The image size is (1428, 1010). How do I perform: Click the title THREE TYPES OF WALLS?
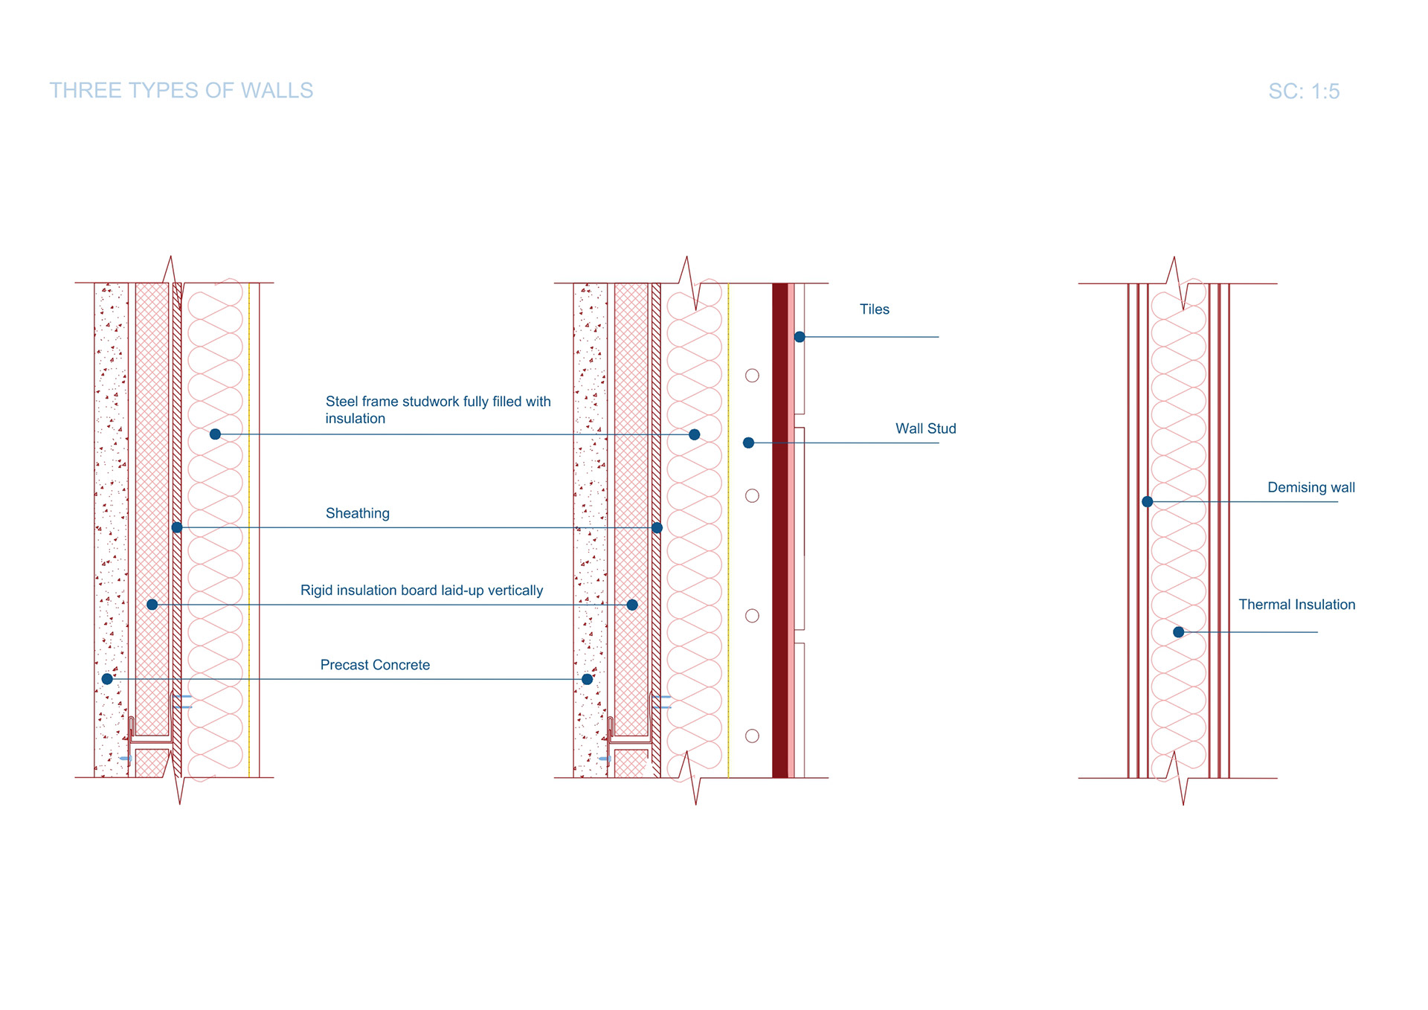[x=181, y=91]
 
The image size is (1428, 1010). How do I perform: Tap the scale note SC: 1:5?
[x=1303, y=91]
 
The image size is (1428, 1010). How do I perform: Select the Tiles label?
[x=874, y=309]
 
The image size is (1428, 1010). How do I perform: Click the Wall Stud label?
[x=925, y=428]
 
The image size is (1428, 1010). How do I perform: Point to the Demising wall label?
[x=1310, y=487]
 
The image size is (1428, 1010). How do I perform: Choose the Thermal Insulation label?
[x=1296, y=605]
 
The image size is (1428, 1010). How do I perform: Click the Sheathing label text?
[x=357, y=513]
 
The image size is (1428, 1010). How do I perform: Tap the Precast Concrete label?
[x=375, y=665]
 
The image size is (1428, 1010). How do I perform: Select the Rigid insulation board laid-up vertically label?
[x=421, y=591]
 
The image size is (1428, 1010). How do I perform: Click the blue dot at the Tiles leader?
[x=800, y=337]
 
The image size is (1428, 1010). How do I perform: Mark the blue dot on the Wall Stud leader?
[x=749, y=443]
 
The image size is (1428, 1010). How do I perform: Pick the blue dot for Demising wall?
[x=1148, y=502]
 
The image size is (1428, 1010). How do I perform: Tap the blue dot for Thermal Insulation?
[x=1178, y=632]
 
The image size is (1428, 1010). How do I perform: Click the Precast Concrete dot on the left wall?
[x=107, y=679]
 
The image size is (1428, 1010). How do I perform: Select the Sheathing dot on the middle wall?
[x=657, y=528]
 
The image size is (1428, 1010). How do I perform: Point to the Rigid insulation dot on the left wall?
[x=152, y=605]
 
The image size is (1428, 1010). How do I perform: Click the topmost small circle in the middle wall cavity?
[x=752, y=376]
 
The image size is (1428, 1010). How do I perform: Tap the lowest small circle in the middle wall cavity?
[x=752, y=736]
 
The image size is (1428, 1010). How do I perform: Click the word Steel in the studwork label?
[x=342, y=402]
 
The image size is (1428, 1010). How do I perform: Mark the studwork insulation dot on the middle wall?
[x=694, y=434]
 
